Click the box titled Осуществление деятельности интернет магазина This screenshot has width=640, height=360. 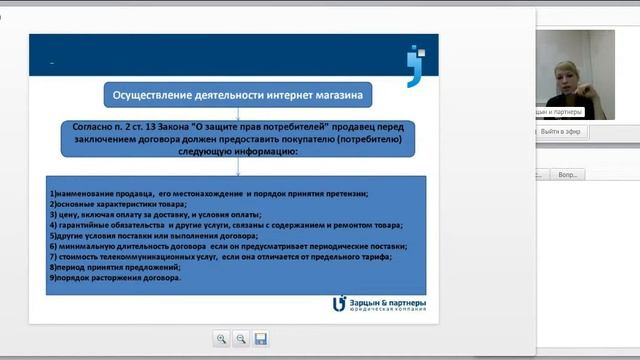[237, 96]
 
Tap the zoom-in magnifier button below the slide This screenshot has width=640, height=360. [221, 339]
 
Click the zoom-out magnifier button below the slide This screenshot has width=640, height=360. [241, 339]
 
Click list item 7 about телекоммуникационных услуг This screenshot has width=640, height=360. [220, 257]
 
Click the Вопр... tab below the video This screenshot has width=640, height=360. [596, 174]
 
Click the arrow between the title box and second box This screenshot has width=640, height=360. [237, 113]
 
